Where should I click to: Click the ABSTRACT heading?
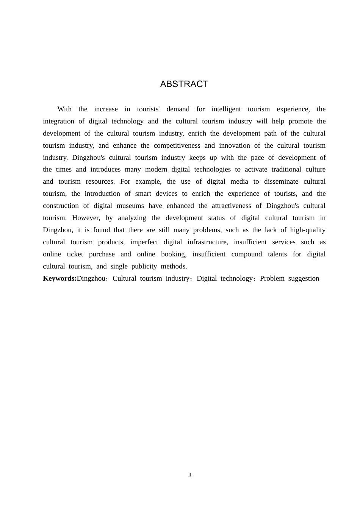[184, 84]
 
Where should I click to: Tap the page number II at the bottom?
[190, 475]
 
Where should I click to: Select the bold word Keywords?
[59, 278]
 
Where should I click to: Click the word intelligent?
[226, 109]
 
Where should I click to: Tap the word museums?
[130, 206]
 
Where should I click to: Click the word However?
[86, 218]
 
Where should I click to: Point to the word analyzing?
[132, 218]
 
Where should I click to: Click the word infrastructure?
[208, 242]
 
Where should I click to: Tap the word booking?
[174, 254]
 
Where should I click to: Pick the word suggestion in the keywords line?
[304, 278]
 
